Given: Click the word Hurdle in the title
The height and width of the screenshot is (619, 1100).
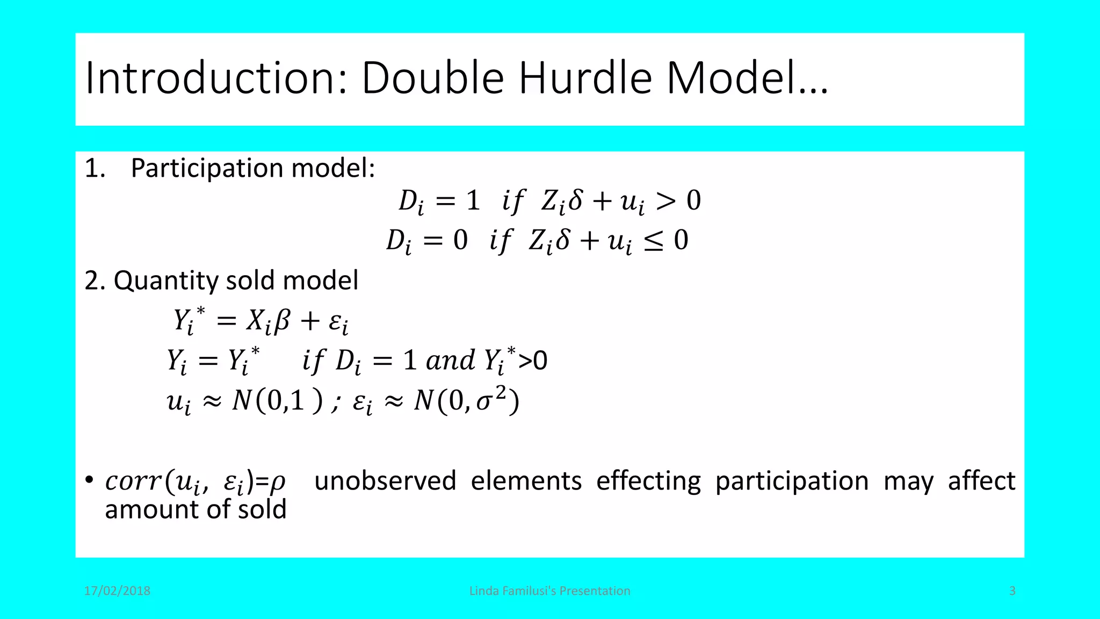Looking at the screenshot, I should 585,78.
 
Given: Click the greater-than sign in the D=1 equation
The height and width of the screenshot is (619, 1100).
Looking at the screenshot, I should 665,201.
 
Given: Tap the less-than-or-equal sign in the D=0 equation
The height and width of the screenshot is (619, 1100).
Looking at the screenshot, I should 654,241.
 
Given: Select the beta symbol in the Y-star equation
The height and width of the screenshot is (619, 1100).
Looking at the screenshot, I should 282,321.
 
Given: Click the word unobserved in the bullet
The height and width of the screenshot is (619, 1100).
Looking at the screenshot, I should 385,480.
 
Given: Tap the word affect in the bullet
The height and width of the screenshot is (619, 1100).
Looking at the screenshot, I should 981,480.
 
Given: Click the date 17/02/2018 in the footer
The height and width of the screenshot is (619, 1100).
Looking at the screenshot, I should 117,591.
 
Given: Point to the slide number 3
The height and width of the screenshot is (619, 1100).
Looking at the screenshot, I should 1012,591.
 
